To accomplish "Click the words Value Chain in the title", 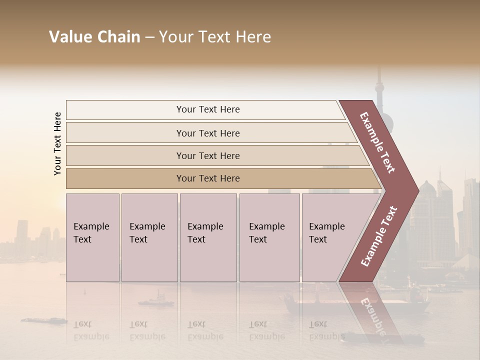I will (94, 37).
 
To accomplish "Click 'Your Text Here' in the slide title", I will (215, 37).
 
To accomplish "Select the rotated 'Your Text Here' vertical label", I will (57, 143).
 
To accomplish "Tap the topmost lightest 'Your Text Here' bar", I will (208, 109).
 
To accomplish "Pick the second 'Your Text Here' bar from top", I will (208, 133).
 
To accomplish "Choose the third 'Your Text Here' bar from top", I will (208, 155).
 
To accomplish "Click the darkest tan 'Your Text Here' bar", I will (208, 178).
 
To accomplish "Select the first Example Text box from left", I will (92, 237).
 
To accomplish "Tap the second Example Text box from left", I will (149, 237).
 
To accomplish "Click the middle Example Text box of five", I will (208, 237).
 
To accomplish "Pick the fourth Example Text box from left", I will (269, 237).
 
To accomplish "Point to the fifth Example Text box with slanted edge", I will (330, 237).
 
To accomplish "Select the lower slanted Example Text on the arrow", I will (379, 236).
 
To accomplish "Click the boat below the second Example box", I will (156, 301).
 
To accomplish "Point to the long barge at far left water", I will (43, 320).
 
